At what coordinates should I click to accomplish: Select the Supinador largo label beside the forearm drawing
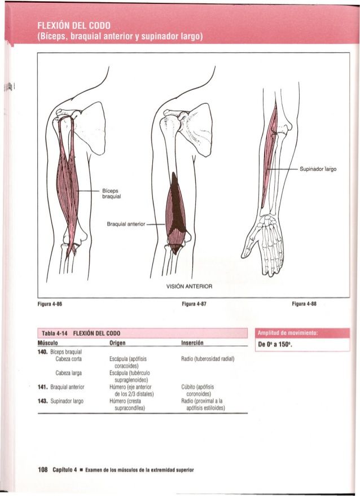(318, 168)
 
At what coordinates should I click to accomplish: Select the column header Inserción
(192, 343)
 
